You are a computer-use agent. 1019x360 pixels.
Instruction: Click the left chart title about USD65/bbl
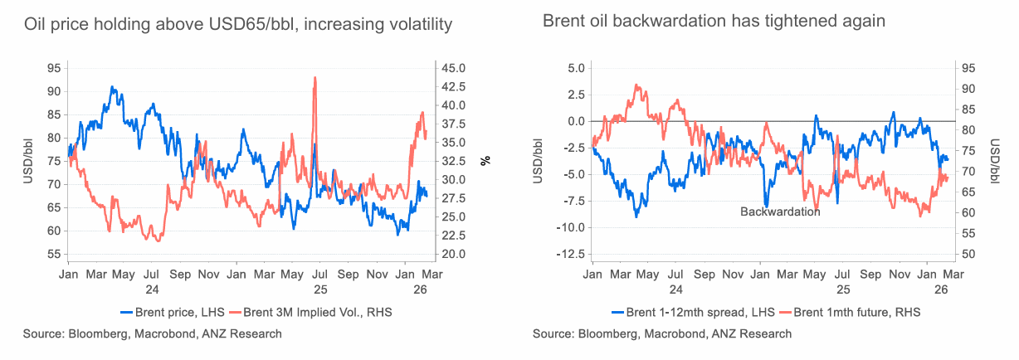238,25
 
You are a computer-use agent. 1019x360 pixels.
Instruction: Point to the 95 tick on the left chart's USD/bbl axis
53,68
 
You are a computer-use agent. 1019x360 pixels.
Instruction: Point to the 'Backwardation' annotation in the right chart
780,212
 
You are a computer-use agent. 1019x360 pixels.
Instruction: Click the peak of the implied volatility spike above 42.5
315,78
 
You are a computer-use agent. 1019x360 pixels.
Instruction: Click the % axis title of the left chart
486,161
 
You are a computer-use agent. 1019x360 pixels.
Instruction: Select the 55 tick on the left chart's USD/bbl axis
53,255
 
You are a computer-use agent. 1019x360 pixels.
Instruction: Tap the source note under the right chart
662,333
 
